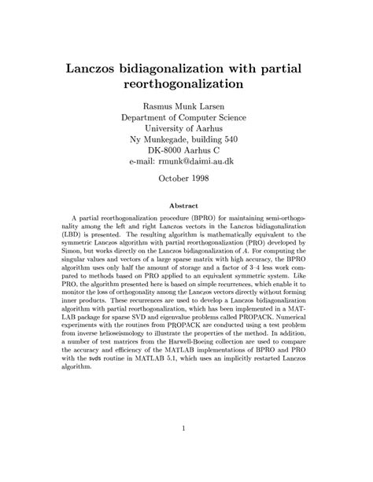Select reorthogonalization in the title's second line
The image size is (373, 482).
[x=186, y=81]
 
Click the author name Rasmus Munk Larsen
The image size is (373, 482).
[x=186, y=105]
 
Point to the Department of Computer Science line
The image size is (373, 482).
[x=186, y=117]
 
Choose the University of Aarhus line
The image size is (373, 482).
[x=186, y=128]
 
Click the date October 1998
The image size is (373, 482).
[x=186, y=178]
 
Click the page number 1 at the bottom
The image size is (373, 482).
[x=186, y=429]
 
